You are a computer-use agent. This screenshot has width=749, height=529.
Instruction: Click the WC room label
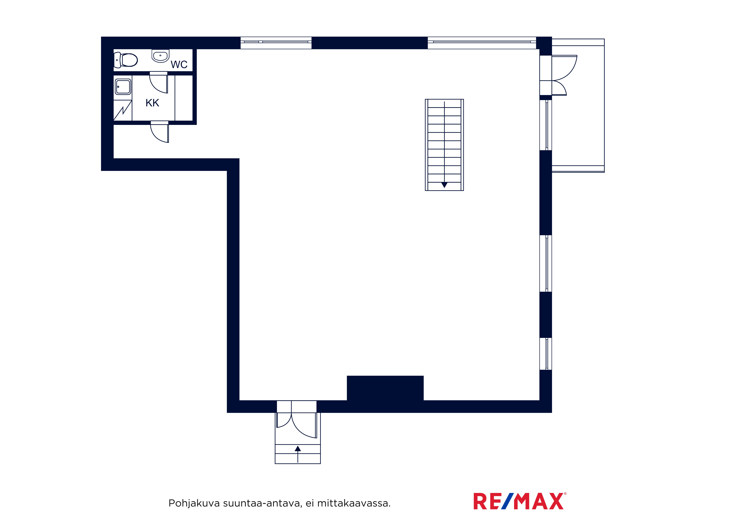[x=179, y=64]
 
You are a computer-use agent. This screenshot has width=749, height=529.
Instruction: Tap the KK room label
[x=152, y=103]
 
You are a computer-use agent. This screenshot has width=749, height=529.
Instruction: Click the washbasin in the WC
[x=160, y=56]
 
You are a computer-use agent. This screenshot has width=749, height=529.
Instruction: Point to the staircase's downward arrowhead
[x=444, y=185]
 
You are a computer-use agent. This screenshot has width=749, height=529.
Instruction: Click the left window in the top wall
[x=276, y=43]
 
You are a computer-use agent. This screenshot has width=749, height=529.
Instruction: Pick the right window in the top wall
[x=482, y=43]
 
